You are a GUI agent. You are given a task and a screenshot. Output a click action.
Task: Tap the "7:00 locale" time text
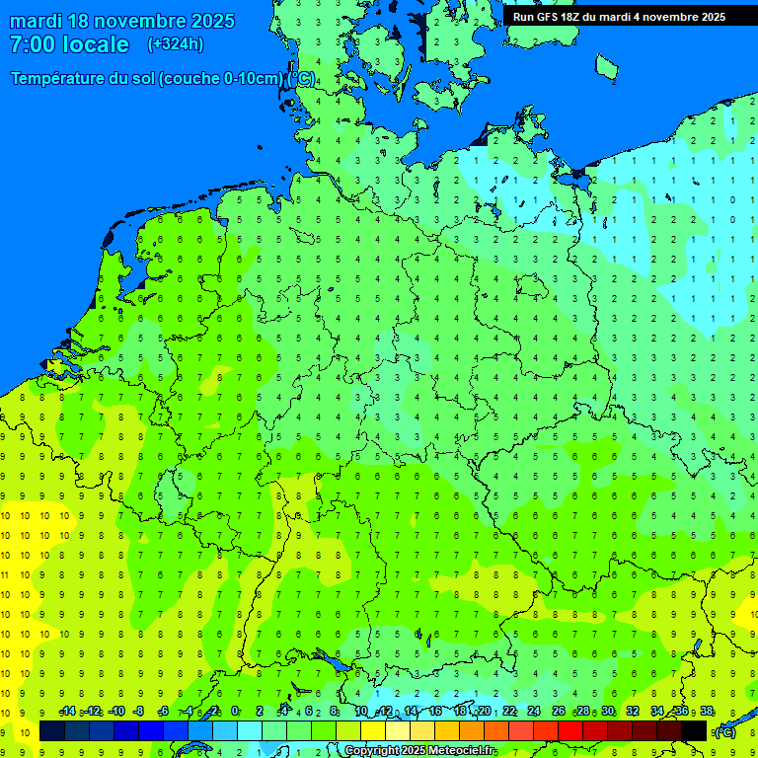click(x=69, y=44)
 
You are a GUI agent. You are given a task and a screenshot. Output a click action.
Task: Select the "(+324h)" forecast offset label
click(x=175, y=44)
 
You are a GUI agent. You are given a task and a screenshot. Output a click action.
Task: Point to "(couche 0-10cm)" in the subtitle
click(x=222, y=79)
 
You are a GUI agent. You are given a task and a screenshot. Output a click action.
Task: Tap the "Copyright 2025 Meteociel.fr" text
click(x=420, y=751)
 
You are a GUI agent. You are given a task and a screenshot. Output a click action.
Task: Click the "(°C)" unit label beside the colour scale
click(x=724, y=731)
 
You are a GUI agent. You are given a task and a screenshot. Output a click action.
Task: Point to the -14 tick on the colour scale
click(x=67, y=712)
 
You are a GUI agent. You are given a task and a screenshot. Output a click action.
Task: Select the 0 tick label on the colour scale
click(x=235, y=712)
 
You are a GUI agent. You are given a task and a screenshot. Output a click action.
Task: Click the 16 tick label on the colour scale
click(x=435, y=712)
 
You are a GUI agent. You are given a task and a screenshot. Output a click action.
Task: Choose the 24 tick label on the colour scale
click(x=534, y=712)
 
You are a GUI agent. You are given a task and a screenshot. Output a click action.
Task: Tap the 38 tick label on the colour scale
click(x=707, y=712)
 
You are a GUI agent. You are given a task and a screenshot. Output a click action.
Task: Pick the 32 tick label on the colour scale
click(x=633, y=712)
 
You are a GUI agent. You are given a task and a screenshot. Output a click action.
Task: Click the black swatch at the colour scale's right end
click(x=694, y=731)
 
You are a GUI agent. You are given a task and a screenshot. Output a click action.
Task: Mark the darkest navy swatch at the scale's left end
click(x=52, y=731)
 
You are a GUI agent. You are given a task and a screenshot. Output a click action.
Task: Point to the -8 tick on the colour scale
click(x=139, y=712)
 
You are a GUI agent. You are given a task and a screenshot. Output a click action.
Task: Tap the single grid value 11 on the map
click(x=6, y=574)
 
